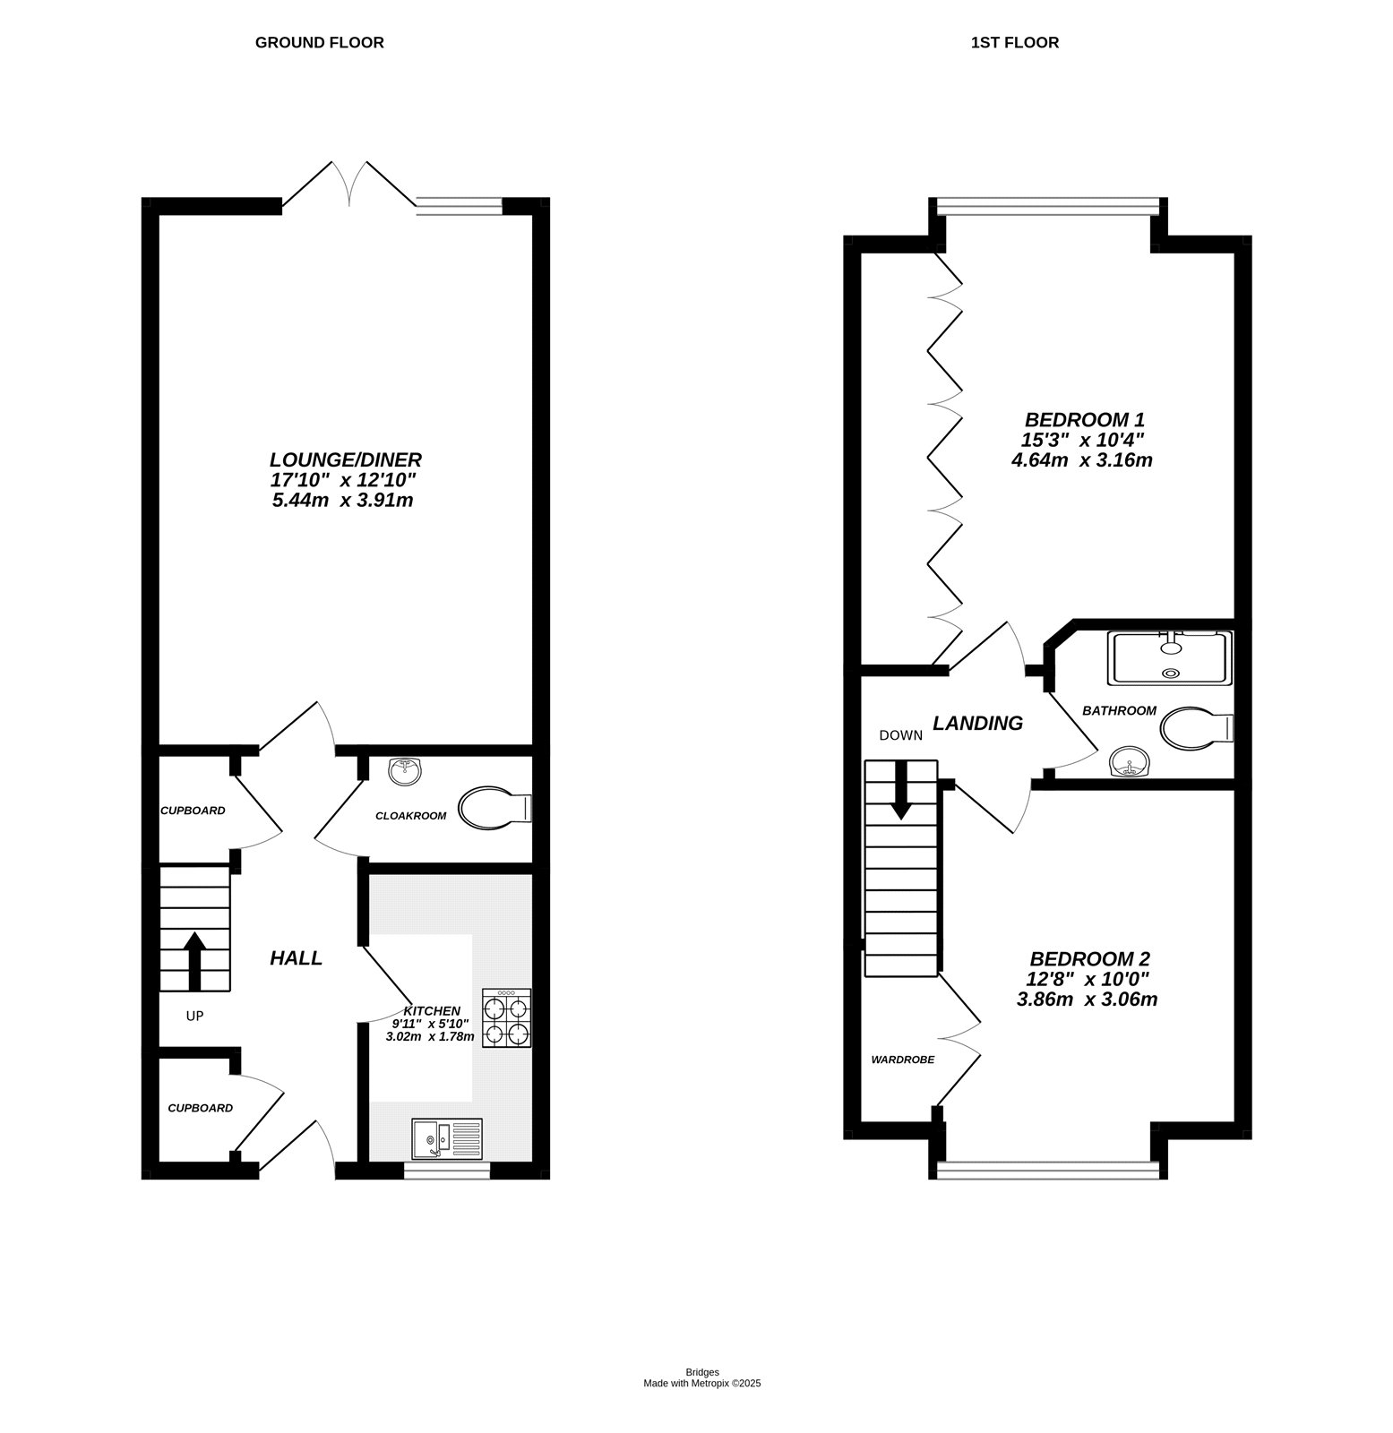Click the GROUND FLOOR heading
point(319,42)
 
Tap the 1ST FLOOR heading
point(1014,42)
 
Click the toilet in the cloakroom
point(493,808)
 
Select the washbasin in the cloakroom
point(406,770)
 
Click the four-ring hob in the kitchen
point(506,1017)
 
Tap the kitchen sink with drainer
point(447,1139)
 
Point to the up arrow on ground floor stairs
point(194,958)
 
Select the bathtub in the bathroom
point(1170,658)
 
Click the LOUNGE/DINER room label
point(346,459)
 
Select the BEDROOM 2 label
point(1088,958)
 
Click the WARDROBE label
point(902,1060)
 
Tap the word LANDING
point(977,723)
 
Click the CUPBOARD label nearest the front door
point(200,1108)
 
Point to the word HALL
point(297,958)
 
